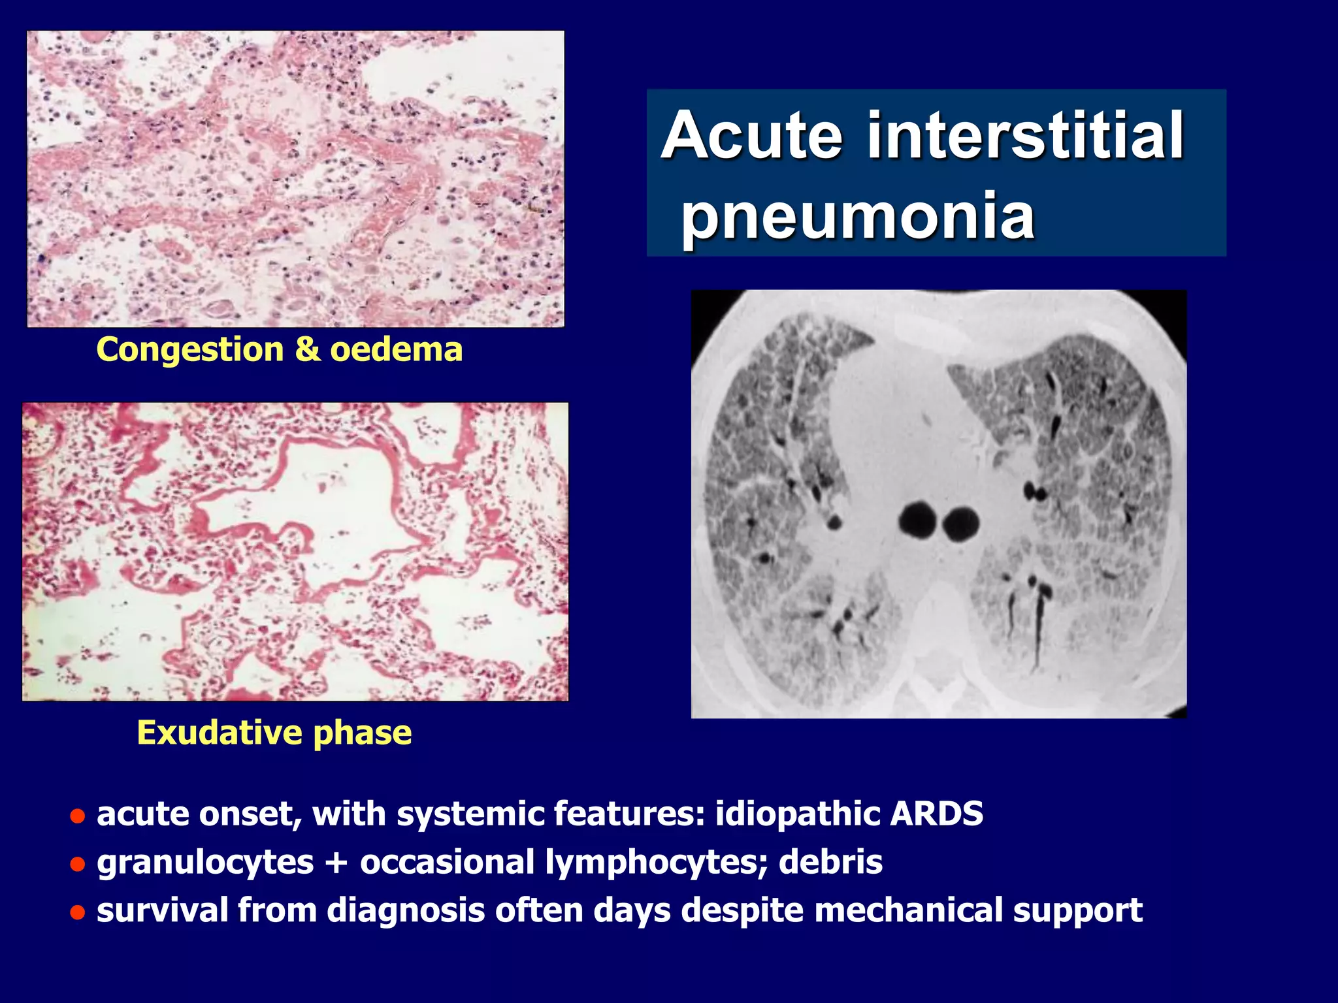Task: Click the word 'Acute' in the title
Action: pos(752,135)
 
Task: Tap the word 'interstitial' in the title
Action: pos(1025,135)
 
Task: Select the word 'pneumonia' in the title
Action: pos(858,215)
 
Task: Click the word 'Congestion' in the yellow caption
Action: pos(189,350)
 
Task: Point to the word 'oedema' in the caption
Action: pos(397,349)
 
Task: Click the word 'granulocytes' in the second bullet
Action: pos(205,863)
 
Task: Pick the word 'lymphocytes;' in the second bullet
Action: pos(656,863)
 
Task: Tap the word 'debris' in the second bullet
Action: pos(830,861)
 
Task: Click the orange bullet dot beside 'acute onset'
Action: pos(78,817)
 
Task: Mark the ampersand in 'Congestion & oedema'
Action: pos(307,349)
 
